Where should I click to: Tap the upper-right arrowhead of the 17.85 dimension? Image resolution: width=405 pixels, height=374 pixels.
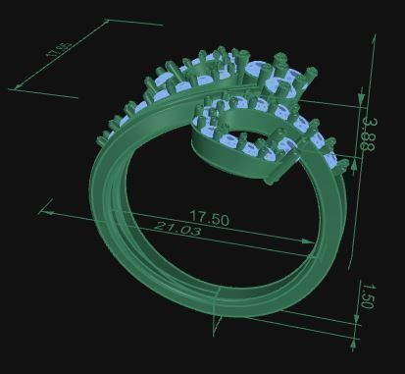(x=101, y=21)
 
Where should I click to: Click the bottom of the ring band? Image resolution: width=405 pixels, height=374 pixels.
(x=211, y=304)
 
